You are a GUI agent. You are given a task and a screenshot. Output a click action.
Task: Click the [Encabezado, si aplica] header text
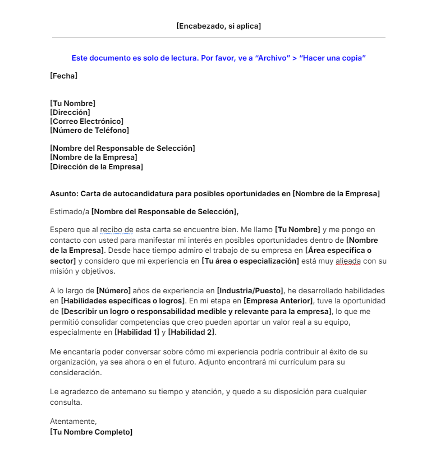(x=218, y=26)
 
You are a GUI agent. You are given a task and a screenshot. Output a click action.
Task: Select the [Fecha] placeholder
(x=63, y=76)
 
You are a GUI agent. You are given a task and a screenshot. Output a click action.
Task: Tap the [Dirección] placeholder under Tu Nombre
(x=70, y=112)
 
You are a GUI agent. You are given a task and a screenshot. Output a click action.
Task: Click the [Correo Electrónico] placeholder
(x=86, y=121)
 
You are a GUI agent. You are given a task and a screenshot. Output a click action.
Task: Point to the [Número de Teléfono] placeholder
(x=89, y=130)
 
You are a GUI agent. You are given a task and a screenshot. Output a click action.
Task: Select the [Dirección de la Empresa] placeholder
(x=96, y=167)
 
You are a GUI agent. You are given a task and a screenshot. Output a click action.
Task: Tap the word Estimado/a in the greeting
(x=70, y=211)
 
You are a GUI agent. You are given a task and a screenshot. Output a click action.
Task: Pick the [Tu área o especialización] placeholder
(x=250, y=261)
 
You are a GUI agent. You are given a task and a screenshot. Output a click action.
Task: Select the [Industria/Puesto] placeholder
(x=250, y=290)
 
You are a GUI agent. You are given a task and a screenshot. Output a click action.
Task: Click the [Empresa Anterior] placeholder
(x=278, y=301)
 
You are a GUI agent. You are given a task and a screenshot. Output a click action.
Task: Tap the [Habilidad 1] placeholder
(x=137, y=333)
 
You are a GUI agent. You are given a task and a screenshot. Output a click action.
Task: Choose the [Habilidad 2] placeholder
(x=191, y=333)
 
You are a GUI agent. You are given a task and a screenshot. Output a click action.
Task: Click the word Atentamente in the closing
(x=74, y=421)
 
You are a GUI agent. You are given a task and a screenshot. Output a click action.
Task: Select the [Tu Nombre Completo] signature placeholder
(x=91, y=432)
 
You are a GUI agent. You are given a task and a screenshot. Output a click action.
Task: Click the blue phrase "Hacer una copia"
(x=333, y=58)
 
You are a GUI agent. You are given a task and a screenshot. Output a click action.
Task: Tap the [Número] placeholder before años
(x=113, y=290)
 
